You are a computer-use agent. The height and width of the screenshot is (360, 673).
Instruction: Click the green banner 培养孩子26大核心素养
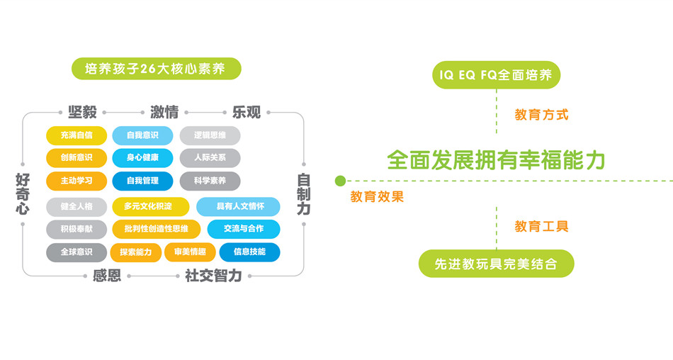(156, 69)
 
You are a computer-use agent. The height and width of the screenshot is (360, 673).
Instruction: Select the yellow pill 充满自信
(77, 135)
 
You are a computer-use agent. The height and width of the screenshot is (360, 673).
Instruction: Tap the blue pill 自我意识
(142, 135)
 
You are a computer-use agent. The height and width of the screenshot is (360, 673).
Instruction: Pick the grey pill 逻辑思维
(209, 135)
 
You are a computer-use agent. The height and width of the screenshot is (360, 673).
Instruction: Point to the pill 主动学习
(77, 181)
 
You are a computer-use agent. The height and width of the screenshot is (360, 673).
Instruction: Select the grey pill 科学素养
(209, 181)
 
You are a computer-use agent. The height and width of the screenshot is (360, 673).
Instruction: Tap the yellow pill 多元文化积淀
(150, 206)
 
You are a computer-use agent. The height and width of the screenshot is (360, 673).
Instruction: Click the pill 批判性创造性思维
(156, 229)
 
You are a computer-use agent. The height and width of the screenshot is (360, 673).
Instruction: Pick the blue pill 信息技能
(249, 252)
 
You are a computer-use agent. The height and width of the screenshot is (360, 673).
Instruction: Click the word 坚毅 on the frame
(82, 112)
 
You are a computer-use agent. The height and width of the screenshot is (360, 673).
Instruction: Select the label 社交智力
(213, 276)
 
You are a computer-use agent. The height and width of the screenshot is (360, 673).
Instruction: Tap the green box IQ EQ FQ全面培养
(496, 74)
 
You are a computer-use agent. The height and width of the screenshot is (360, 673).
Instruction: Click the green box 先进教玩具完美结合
(496, 264)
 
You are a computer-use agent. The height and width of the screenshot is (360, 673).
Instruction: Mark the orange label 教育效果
(377, 197)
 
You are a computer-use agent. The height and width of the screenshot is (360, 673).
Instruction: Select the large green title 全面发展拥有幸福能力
(496, 159)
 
